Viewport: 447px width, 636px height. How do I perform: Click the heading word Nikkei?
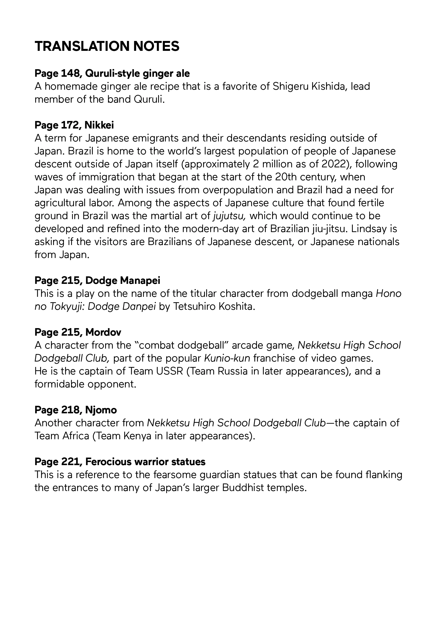99,125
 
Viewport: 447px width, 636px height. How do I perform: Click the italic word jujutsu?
229,216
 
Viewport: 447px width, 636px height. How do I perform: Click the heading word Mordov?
103,332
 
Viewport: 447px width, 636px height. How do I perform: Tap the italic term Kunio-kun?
227,358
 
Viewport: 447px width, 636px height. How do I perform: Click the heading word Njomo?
101,410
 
